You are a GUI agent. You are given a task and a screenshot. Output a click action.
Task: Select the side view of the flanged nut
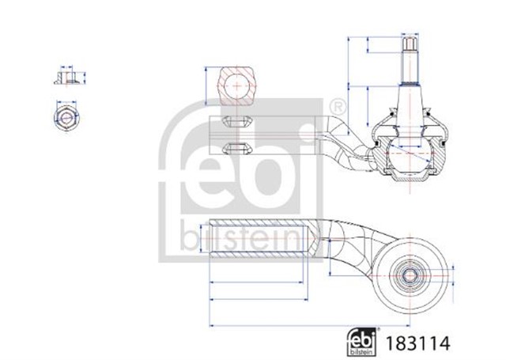point(66,78)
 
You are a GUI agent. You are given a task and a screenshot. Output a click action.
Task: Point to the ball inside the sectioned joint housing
point(410,150)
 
